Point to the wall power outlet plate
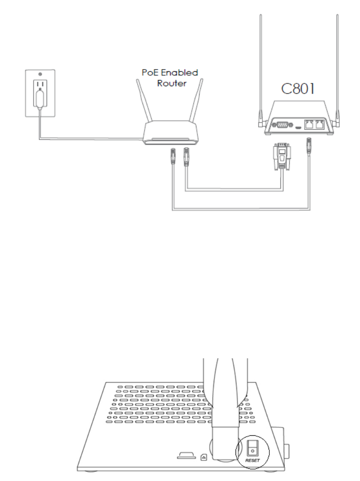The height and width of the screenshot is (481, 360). tap(40, 93)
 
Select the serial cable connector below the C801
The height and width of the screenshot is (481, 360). tap(282, 157)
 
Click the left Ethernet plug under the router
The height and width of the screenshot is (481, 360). tap(172, 156)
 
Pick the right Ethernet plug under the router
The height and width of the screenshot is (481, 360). tap(185, 156)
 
